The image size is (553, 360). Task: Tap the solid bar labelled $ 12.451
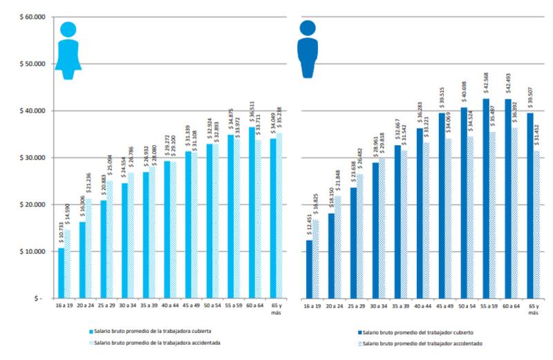(310, 269)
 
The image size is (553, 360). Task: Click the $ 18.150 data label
(331, 201)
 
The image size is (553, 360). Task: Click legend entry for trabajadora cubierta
(155, 332)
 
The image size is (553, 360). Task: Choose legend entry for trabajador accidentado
(420, 343)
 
